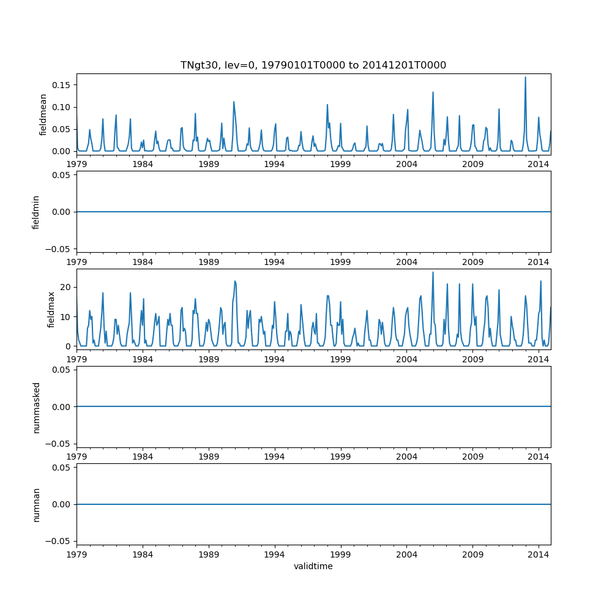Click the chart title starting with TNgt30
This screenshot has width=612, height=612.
click(313, 65)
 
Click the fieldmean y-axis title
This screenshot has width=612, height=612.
click(43, 114)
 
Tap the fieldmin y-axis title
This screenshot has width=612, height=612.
click(35, 212)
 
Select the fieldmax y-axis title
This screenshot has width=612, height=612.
click(51, 309)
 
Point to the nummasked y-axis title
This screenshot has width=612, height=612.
click(36, 406)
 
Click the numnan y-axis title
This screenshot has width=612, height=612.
click(36, 504)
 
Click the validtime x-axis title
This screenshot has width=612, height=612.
click(313, 566)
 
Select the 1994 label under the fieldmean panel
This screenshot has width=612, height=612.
click(274, 164)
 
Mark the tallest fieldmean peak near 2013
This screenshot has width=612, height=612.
click(525, 77)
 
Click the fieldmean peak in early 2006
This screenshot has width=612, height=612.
click(433, 92)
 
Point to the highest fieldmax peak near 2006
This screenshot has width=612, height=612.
click(433, 272)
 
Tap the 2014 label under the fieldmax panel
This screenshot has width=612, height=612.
click(539, 359)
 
